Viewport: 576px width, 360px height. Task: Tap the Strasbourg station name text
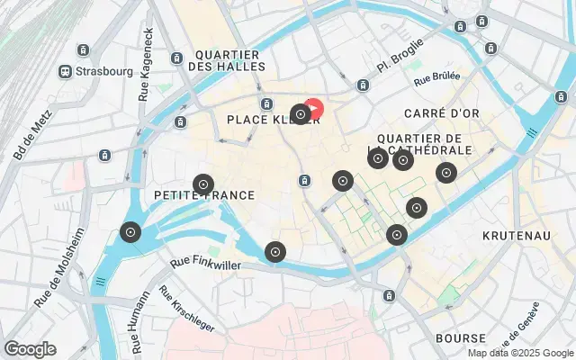(104, 71)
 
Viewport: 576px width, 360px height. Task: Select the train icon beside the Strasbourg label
(66, 71)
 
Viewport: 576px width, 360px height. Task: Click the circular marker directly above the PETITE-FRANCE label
(203, 184)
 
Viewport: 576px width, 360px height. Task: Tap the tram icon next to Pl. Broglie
(363, 85)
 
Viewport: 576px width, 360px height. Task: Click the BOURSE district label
(460, 339)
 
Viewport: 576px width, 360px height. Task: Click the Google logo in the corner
(30, 348)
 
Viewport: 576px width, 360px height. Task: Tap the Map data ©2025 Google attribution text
(519, 353)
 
